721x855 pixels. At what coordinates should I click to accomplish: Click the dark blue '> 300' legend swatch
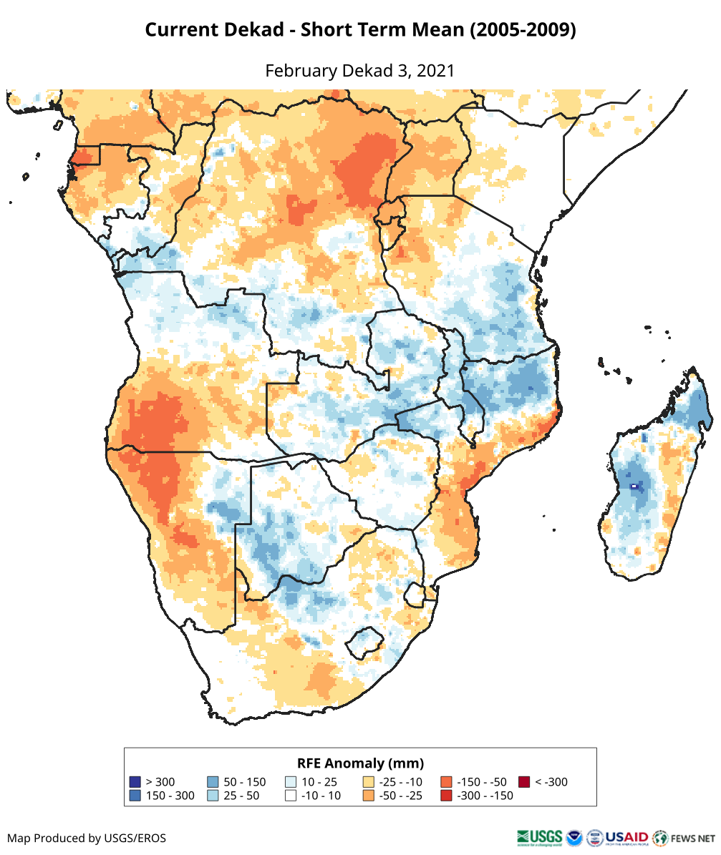pyautogui.click(x=135, y=782)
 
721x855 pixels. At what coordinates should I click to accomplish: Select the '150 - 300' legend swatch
pyautogui.click(x=135, y=796)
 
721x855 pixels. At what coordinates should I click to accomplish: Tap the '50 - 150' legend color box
pyautogui.click(x=213, y=782)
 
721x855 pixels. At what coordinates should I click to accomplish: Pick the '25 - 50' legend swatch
pyautogui.click(x=213, y=796)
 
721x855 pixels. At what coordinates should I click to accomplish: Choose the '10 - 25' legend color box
pyautogui.click(x=291, y=782)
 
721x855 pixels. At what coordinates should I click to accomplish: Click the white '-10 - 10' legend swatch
pyautogui.click(x=291, y=796)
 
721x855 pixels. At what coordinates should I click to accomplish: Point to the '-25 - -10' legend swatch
pyautogui.click(x=369, y=782)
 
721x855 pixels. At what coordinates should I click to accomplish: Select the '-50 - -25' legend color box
pyautogui.click(x=369, y=796)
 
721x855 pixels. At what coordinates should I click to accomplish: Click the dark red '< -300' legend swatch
pyautogui.click(x=525, y=782)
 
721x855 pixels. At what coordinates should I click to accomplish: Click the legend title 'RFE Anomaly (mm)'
pyautogui.click(x=360, y=763)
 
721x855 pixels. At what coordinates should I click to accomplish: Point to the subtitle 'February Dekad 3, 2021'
pyautogui.click(x=360, y=71)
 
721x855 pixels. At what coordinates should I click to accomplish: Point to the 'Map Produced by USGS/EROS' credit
pyautogui.click(x=87, y=838)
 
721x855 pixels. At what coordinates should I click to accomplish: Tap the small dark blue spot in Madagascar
pyautogui.click(x=634, y=487)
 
